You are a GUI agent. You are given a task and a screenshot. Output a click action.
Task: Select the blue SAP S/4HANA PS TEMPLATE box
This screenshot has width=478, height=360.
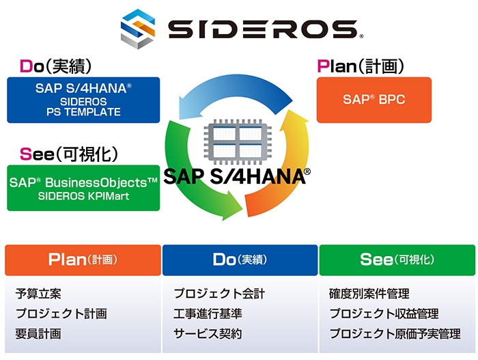[x=83, y=100]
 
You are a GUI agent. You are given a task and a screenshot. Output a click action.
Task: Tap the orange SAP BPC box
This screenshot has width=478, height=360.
[x=374, y=100]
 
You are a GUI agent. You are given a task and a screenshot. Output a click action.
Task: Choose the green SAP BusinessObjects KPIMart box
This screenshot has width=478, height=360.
[x=83, y=188]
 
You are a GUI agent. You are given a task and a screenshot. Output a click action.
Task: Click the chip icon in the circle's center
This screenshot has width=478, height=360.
[x=238, y=141]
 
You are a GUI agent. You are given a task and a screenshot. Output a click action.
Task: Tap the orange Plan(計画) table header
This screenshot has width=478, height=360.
[x=83, y=260]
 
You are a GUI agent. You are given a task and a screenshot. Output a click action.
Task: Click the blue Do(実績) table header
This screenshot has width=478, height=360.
[x=240, y=260]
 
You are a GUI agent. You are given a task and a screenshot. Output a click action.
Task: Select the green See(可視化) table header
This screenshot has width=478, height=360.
[x=397, y=260]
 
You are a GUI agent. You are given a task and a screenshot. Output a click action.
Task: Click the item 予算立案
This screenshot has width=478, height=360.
[x=38, y=294]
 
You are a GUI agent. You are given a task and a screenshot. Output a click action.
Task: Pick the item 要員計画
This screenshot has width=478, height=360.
[x=38, y=334]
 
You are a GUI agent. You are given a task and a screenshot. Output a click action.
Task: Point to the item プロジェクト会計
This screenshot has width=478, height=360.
[x=219, y=294]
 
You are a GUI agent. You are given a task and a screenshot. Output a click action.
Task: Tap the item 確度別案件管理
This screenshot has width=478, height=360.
[x=369, y=294]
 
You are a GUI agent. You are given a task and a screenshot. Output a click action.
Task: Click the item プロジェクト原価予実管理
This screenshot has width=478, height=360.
[x=395, y=334]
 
